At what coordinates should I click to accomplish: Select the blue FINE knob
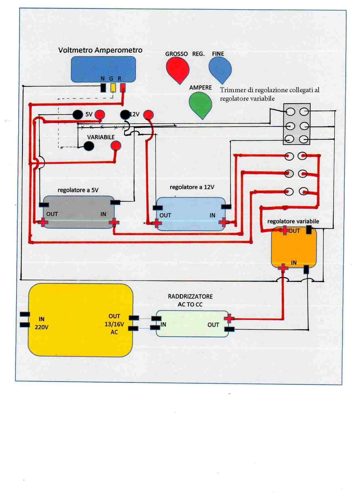(220, 69)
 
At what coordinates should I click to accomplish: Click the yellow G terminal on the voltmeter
(113, 88)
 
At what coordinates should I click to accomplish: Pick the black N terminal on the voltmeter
(103, 88)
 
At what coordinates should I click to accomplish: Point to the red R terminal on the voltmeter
(123, 88)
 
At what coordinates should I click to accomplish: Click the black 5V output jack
(77, 115)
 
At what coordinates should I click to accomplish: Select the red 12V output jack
(148, 115)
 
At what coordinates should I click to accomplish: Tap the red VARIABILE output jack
(116, 146)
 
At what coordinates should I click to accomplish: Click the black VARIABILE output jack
(89, 146)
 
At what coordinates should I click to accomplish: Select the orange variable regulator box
(294, 248)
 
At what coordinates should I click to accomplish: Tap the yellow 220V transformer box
(81, 320)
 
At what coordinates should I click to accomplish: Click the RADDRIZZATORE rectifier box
(192, 324)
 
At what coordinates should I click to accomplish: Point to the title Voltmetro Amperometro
(100, 50)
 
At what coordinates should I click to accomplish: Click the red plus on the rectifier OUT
(228, 318)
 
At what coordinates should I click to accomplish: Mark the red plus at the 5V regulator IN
(114, 222)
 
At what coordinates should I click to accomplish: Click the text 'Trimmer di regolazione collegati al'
(270, 90)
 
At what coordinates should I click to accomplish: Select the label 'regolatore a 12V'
(192, 187)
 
